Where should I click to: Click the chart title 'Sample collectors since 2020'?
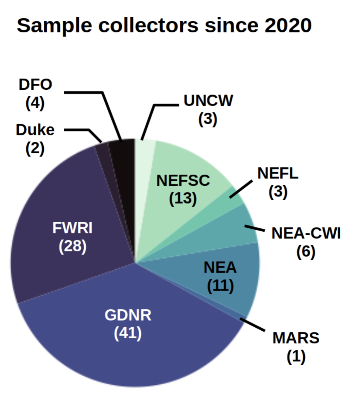tap(164, 25)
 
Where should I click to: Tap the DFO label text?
tap(35, 85)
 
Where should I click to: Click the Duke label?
tap(35, 130)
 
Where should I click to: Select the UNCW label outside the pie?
tap(208, 101)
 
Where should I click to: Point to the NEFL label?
tap(278, 173)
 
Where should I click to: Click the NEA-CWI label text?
tap(306, 233)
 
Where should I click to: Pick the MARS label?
tap(296, 338)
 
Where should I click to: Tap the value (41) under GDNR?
tap(128, 333)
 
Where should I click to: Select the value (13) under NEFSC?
tap(183, 198)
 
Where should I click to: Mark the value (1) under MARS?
tap(296, 356)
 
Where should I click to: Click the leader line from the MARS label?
tap(253, 324)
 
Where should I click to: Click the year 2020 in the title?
tap(288, 25)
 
